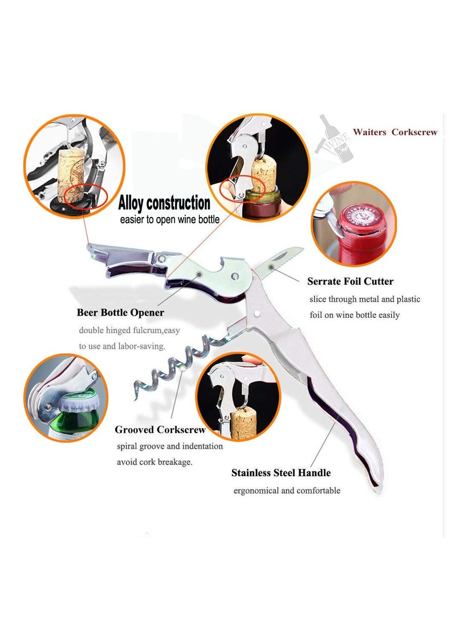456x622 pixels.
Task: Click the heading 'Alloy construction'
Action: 164,203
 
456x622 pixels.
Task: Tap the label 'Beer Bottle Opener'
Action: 120,313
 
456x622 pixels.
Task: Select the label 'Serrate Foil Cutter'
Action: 350,281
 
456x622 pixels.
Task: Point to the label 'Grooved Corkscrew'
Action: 160,430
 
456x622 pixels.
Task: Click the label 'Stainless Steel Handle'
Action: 281,473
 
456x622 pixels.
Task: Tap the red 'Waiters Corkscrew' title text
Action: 395,132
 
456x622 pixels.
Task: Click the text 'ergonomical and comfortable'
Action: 287,490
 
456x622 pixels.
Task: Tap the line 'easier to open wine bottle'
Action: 169,219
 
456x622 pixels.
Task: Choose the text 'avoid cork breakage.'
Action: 154,462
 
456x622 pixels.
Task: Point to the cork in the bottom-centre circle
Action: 243,423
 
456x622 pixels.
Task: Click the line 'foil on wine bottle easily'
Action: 355,315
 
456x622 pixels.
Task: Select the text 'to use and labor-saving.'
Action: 122,346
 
